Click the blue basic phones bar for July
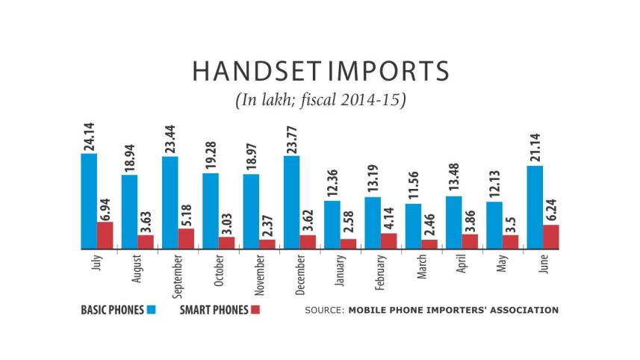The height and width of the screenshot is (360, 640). pyautogui.click(x=89, y=201)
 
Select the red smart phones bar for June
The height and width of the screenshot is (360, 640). pyautogui.click(x=550, y=237)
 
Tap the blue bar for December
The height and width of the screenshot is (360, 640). pyautogui.click(x=291, y=202)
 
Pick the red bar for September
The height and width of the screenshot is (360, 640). pyautogui.click(x=186, y=238)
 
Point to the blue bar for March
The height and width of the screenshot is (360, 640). pyautogui.click(x=413, y=226)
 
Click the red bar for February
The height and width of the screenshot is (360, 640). pyautogui.click(x=388, y=240)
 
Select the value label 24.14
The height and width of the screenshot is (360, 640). pyautogui.click(x=89, y=135)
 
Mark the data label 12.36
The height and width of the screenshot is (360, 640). pyautogui.click(x=332, y=182)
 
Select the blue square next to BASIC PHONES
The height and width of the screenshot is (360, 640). pyautogui.click(x=152, y=309)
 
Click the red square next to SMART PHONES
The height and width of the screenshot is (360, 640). pyautogui.click(x=255, y=309)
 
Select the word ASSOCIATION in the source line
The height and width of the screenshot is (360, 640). pyautogui.click(x=522, y=309)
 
